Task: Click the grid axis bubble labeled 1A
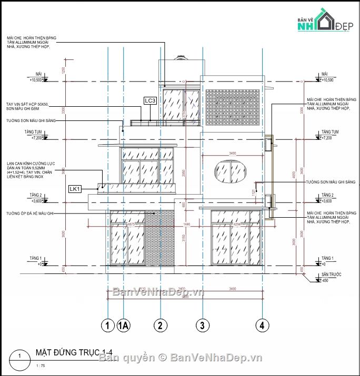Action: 124,326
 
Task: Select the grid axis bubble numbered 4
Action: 261,325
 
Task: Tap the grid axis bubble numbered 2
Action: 159,326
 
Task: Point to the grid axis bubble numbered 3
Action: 202,325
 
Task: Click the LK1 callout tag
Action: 75,189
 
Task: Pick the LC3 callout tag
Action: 150,100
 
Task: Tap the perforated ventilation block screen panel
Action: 232,107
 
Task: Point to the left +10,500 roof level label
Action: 36,80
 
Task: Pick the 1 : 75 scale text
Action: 41,365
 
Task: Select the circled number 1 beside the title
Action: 19,356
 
